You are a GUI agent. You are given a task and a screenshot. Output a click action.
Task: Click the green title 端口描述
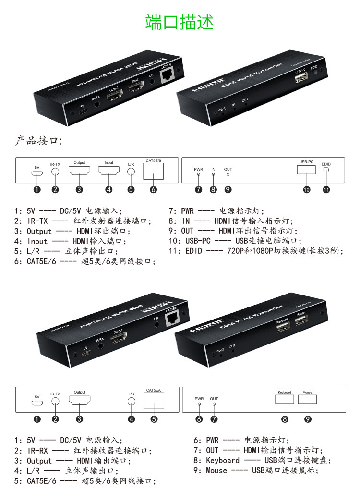(180, 22)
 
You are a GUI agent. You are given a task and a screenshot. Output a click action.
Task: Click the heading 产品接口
(39, 141)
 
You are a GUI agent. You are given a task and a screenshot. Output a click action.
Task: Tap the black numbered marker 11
(326, 189)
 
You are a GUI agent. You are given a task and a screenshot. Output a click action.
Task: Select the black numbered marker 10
(306, 189)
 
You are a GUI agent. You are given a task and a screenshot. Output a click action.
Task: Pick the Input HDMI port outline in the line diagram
(109, 171)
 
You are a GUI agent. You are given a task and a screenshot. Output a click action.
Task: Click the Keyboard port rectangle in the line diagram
(285, 399)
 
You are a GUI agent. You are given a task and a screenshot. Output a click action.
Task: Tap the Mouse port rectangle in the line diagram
(308, 399)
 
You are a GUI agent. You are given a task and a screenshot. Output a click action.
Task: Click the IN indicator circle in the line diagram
(214, 174)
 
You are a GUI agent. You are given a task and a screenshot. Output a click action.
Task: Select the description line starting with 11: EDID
(256, 251)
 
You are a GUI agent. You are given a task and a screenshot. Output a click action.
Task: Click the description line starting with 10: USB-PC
(235, 241)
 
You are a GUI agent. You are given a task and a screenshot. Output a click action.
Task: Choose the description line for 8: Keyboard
(262, 460)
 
